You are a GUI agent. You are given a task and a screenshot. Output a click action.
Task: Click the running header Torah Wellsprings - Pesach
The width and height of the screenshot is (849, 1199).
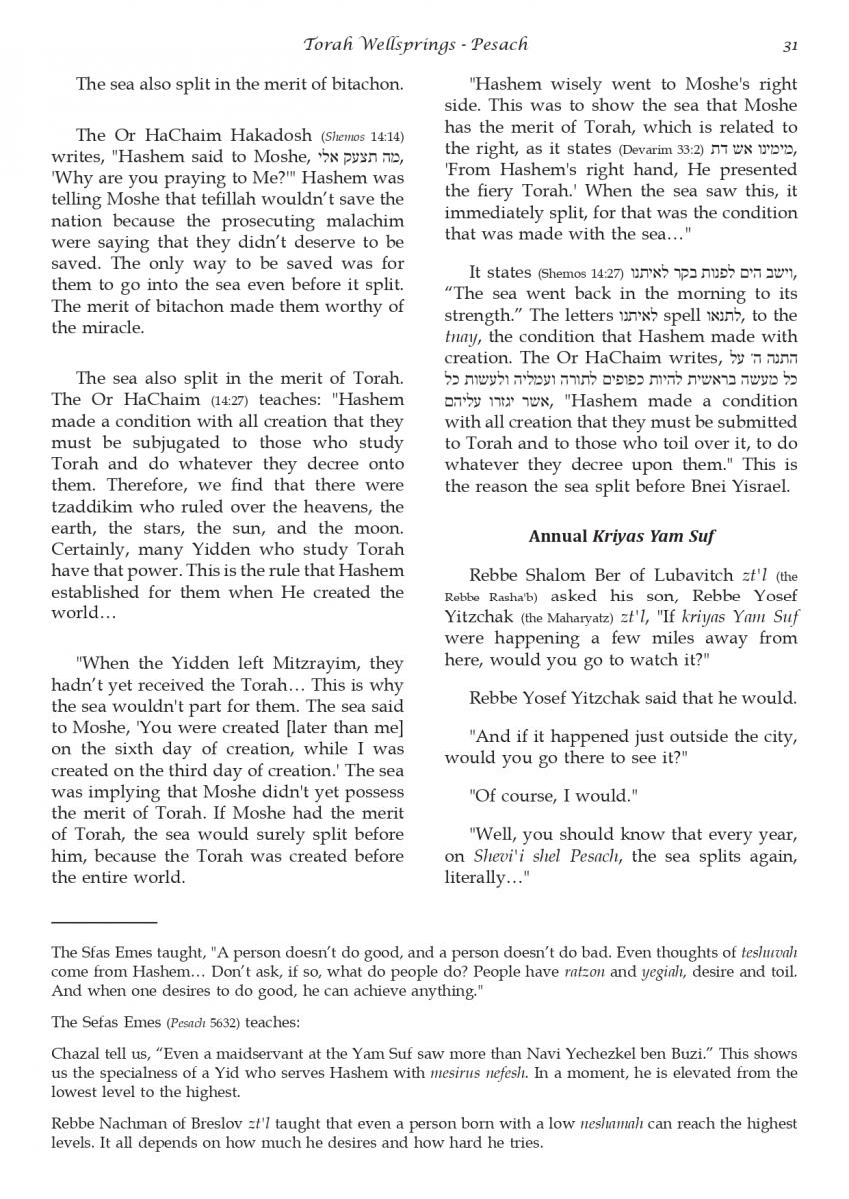click(x=417, y=44)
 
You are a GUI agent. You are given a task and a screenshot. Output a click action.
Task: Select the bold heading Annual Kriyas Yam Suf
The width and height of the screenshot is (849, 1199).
click(x=620, y=537)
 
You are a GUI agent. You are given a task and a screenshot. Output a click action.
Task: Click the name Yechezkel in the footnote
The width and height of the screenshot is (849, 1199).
click(x=627, y=1055)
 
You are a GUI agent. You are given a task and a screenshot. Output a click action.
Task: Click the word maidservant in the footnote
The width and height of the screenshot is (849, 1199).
click(x=249, y=1055)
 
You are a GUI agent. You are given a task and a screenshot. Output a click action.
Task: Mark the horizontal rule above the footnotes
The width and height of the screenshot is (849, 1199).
click(x=104, y=922)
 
